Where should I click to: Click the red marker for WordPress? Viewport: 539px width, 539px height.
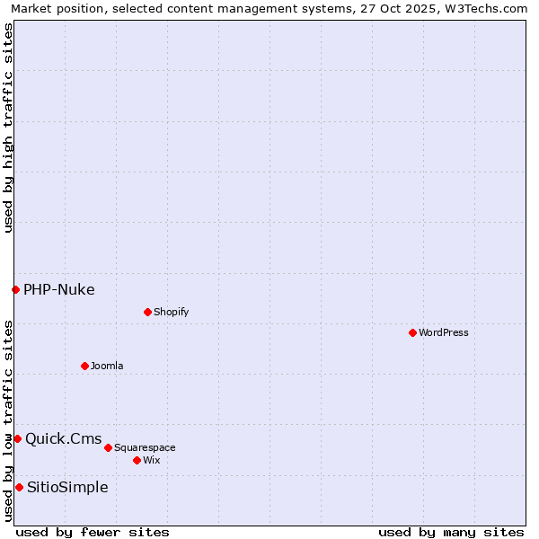pos(412,332)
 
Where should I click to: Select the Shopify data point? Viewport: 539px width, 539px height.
pos(147,312)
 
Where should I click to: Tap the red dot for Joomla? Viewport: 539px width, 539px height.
pos(84,366)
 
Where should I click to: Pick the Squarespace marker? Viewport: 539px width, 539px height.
pos(108,447)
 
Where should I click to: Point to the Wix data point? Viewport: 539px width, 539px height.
pos(137,460)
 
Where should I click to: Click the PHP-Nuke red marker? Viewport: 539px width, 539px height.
pos(15,289)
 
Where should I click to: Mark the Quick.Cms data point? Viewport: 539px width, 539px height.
pos(17,438)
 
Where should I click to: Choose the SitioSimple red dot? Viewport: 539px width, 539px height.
pos(19,487)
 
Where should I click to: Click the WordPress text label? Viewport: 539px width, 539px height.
pos(444,332)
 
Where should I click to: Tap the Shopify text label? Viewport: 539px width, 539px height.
pos(171,312)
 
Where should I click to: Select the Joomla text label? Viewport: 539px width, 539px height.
pos(107,366)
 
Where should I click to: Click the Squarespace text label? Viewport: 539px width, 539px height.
pos(145,447)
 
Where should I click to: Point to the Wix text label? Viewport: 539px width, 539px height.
pos(151,460)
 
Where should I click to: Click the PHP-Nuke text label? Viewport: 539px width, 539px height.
pos(59,289)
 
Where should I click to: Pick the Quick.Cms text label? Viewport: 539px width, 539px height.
pos(64,438)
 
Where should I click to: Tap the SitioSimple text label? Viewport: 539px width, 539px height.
pos(67,487)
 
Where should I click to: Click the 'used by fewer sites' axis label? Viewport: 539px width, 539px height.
pos(93,532)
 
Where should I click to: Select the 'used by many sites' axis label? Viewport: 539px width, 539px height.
pos(451,532)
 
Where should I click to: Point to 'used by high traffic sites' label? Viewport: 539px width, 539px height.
pos(9,128)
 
